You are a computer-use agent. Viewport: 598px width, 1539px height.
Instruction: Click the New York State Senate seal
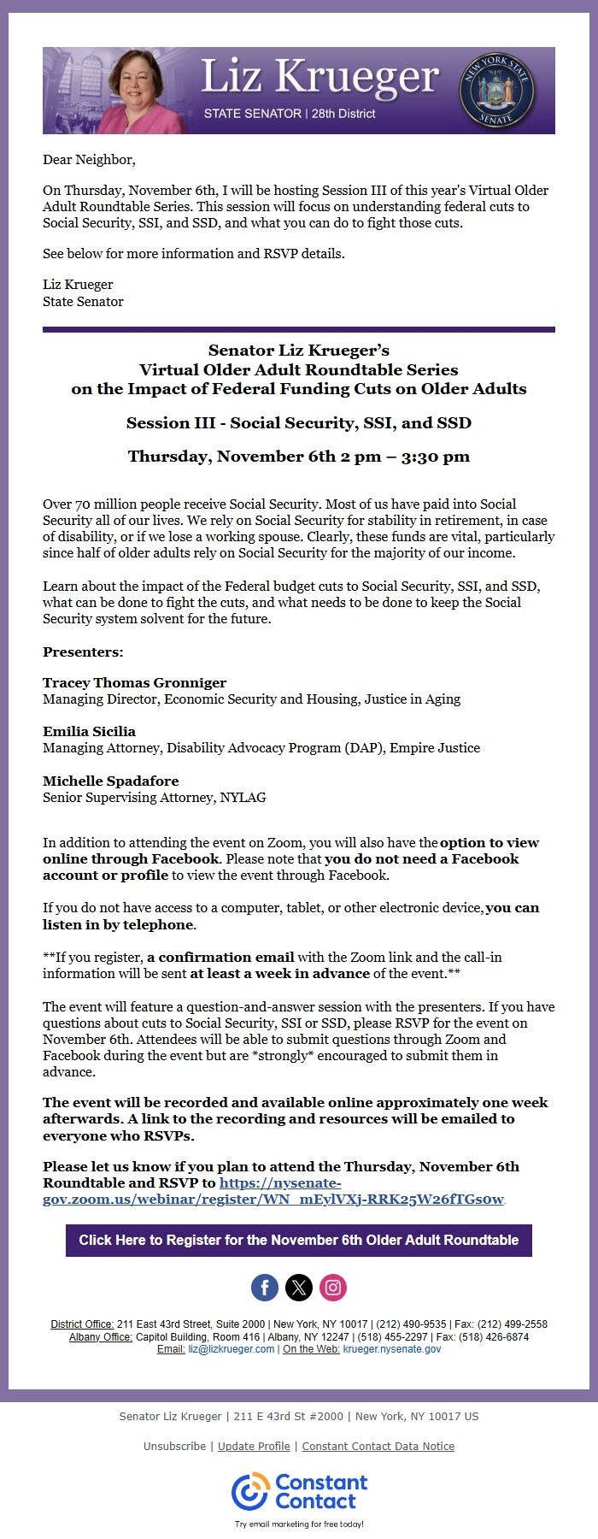(x=496, y=91)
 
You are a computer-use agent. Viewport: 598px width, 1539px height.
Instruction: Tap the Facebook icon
(x=265, y=1287)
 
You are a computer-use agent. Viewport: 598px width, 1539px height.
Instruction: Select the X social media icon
(x=299, y=1287)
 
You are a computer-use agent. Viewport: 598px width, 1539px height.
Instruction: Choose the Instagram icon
(x=333, y=1287)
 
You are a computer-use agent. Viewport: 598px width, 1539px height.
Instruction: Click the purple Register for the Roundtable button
(x=299, y=1240)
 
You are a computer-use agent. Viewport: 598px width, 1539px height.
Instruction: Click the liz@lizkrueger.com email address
(x=232, y=1349)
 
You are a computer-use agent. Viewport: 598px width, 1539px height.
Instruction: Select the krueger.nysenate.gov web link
(x=392, y=1349)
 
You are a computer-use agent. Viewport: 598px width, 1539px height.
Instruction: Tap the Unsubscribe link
(x=174, y=1446)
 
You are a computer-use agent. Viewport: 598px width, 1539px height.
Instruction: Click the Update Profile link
(x=254, y=1446)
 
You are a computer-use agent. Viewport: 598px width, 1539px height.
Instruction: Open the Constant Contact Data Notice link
(x=378, y=1446)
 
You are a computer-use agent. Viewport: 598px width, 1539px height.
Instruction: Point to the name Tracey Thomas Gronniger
(x=134, y=682)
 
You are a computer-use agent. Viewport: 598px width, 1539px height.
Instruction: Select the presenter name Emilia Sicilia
(x=89, y=731)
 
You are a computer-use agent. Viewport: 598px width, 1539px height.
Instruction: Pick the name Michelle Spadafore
(x=110, y=781)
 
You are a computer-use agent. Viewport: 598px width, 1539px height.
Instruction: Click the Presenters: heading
(x=83, y=652)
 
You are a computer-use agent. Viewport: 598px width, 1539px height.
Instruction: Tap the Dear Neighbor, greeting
(x=89, y=160)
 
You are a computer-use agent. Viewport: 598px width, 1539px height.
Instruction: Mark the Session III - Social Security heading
(x=299, y=422)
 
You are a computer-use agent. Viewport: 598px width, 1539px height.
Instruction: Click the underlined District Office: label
(x=82, y=1324)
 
